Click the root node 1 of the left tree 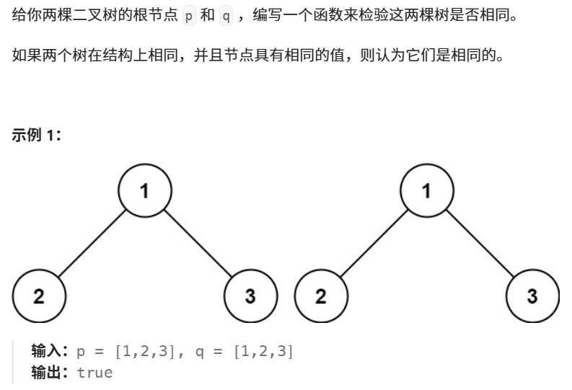(x=145, y=192)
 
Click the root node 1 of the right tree (x=427, y=192)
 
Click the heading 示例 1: (x=37, y=135)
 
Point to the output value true (x=94, y=373)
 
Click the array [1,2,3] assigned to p (x=144, y=353)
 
